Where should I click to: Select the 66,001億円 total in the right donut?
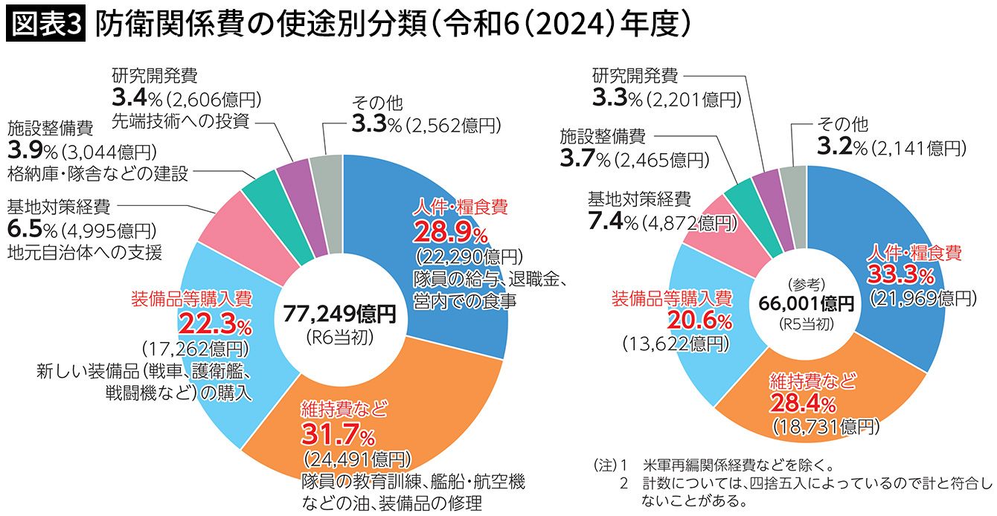[x=807, y=303]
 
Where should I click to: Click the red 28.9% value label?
[x=449, y=233]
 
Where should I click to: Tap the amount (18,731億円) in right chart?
[x=826, y=427]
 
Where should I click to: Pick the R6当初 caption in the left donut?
[x=339, y=337]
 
